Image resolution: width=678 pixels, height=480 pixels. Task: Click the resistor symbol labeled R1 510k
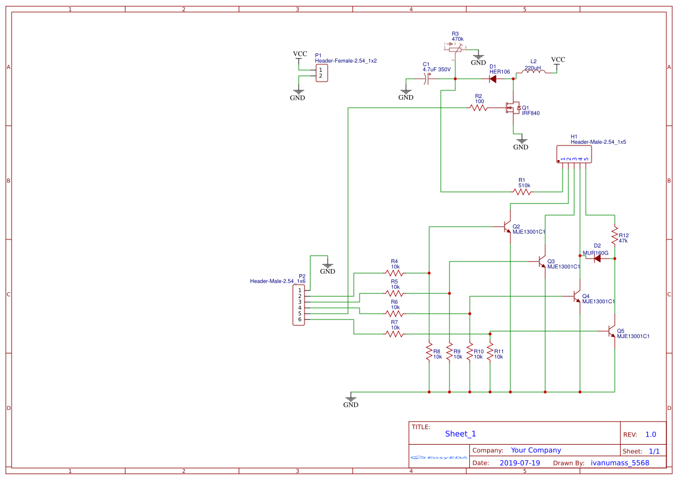click(x=522, y=192)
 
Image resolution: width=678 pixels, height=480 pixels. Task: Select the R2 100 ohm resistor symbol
click(x=478, y=108)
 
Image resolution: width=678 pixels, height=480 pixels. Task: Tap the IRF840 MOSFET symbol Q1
click(x=513, y=108)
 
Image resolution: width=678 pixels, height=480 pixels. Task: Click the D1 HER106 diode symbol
click(x=492, y=79)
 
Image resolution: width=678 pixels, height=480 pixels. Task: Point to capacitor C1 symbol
click(x=427, y=79)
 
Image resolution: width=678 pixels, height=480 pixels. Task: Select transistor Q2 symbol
click(x=507, y=227)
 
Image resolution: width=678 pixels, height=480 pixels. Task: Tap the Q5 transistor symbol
click(x=612, y=331)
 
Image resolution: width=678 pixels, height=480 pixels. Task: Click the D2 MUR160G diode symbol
click(x=597, y=259)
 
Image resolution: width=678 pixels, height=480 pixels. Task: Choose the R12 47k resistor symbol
click(x=615, y=235)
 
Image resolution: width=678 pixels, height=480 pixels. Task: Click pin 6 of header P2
click(x=300, y=319)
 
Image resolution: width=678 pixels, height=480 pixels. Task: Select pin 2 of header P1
click(x=320, y=76)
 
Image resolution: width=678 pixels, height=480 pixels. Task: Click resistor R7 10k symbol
click(x=395, y=334)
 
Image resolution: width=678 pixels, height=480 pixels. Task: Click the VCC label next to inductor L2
click(x=558, y=60)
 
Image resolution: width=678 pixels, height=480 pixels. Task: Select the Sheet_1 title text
click(x=461, y=434)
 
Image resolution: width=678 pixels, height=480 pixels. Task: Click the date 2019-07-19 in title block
click(x=520, y=463)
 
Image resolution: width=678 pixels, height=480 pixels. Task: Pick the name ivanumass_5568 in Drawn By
click(x=620, y=463)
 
